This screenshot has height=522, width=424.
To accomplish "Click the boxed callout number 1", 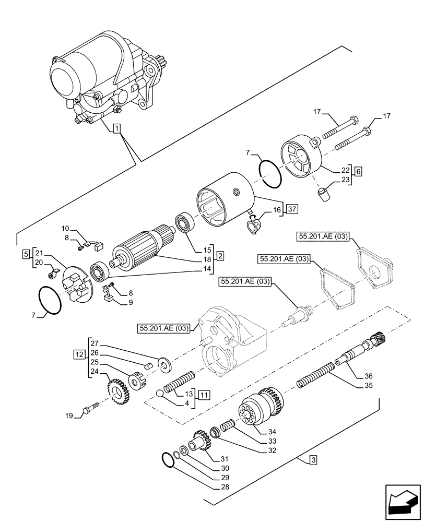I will [117, 128].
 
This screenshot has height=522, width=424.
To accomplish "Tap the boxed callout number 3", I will [312, 460].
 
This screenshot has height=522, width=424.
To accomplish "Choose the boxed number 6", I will [358, 170].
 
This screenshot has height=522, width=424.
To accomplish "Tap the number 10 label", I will [65, 228].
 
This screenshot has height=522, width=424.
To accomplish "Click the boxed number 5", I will [26, 255].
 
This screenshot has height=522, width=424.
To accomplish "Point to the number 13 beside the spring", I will [190, 393].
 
